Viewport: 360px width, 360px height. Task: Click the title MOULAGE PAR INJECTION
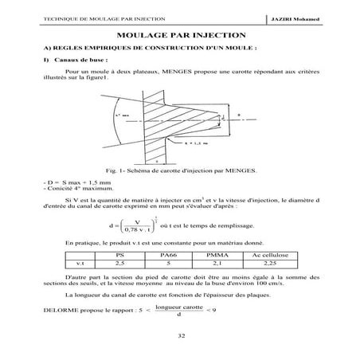coord(180,37)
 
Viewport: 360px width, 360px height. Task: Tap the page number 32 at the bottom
coord(180,337)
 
